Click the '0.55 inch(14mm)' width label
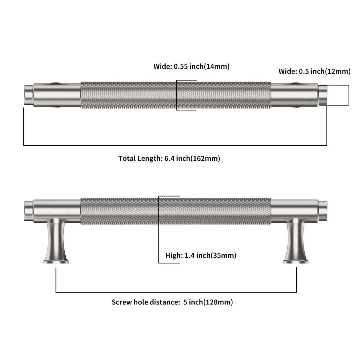point(202,67)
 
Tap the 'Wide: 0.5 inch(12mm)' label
point(315,71)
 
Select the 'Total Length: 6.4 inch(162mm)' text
point(169,158)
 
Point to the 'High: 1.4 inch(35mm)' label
point(201,255)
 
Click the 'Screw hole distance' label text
point(146,302)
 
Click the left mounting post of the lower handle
point(56,241)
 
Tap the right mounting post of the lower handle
point(295,241)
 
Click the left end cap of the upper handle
point(29,95)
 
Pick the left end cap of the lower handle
point(29,211)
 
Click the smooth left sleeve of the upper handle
point(57,95)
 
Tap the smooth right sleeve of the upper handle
point(295,95)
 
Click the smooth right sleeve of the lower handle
point(295,211)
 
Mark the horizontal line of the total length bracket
point(175,145)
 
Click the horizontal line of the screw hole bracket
point(176,292)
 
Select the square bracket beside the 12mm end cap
point(349,95)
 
